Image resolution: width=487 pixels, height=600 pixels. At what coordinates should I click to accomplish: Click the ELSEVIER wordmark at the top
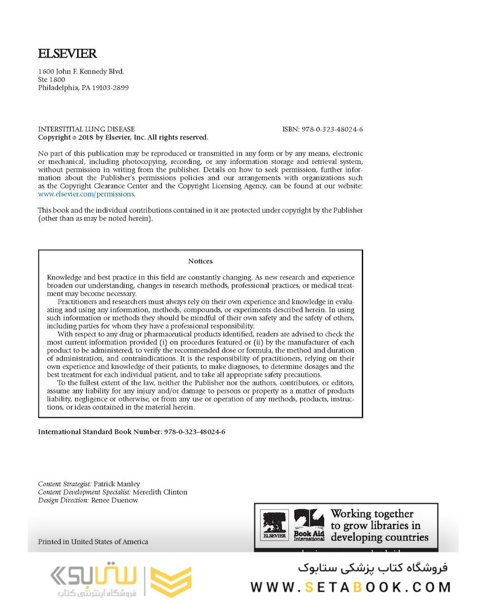pyautogui.click(x=67, y=54)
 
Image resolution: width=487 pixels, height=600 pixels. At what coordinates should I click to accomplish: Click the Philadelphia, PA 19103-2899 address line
pyautogui.click(x=83, y=88)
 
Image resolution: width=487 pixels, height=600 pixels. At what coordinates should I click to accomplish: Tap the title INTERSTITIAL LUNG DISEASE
pyautogui.click(x=86, y=129)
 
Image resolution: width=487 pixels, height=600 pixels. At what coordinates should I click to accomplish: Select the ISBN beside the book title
pyautogui.click(x=322, y=129)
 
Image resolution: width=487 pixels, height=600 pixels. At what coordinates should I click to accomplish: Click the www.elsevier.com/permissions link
pyautogui.click(x=86, y=194)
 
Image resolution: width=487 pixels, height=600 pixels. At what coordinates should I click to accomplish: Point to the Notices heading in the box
pyautogui.click(x=200, y=261)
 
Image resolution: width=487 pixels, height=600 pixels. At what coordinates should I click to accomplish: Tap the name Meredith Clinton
pyautogui.click(x=160, y=492)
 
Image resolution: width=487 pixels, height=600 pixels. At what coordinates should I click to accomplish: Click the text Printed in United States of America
pyautogui.click(x=93, y=542)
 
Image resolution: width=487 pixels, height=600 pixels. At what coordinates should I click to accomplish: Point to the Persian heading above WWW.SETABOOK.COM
pyautogui.click(x=372, y=568)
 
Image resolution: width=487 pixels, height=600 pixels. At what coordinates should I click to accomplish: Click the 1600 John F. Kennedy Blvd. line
pyautogui.click(x=81, y=72)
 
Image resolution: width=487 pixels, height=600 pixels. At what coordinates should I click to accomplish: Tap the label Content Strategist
pyautogui.click(x=64, y=484)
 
